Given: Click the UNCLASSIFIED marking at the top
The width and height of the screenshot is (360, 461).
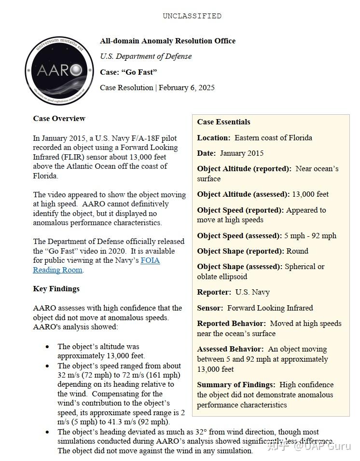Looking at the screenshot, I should pos(192,16).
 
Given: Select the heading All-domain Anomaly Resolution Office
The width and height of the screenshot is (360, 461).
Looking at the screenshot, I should pos(167,41).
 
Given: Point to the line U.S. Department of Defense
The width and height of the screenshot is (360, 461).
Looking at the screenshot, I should pos(146,56).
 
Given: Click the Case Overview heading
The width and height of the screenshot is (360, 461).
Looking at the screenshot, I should pos(59,119).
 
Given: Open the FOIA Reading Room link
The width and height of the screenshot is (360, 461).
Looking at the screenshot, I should pos(150,260).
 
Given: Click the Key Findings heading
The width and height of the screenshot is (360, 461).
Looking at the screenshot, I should pos(56,289).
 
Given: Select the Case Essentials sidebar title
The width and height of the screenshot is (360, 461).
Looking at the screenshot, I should pos(223,122).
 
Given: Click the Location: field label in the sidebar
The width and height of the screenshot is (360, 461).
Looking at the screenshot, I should pos(213,138).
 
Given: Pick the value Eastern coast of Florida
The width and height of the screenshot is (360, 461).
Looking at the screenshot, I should pos(273,138).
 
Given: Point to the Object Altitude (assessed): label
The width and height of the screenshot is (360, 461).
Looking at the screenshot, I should pos(243,194).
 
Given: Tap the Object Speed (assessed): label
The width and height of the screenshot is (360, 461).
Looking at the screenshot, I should pos(239,236).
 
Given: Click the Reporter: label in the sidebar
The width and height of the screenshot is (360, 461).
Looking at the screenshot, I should pos(214,292).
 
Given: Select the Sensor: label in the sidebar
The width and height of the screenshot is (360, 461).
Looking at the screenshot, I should pos(210,308).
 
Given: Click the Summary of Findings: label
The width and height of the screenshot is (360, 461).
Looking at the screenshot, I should pos(236,385).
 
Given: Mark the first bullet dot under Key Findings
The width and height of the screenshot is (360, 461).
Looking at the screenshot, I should pos(47,347).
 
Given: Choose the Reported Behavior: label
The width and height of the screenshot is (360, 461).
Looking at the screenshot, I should pos(231,324).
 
